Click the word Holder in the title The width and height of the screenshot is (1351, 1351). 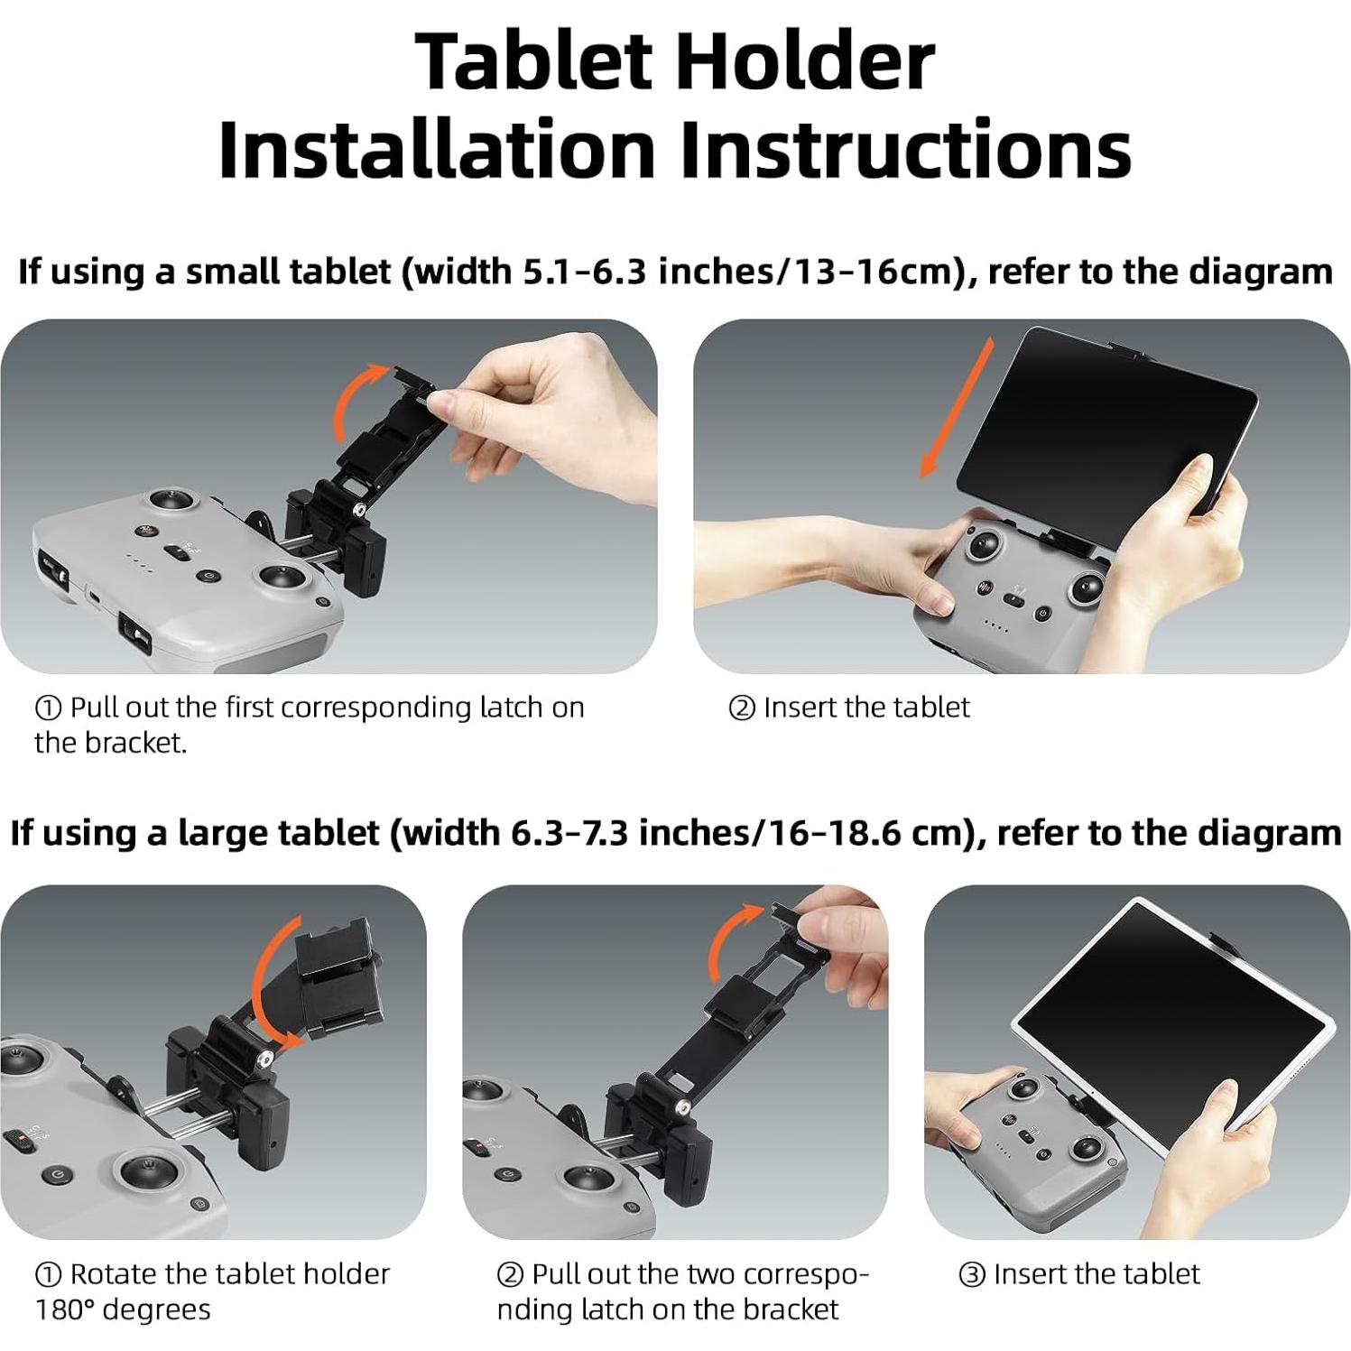coord(804,61)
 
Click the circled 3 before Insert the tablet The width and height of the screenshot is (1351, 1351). coord(971,1275)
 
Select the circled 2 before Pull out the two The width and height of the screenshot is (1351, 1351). coord(510,1275)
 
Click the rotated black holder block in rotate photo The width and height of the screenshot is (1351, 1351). coord(336,971)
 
